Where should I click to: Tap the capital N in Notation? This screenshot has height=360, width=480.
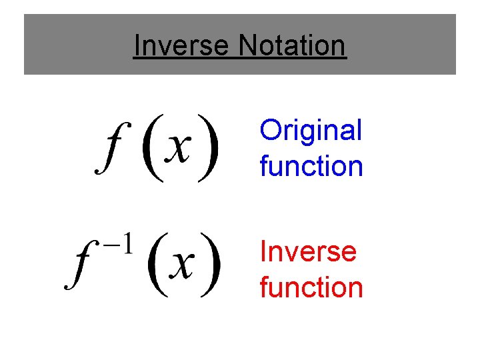click(247, 46)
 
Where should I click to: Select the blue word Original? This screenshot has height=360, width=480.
click(311, 131)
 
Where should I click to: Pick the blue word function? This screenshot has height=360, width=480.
click(311, 166)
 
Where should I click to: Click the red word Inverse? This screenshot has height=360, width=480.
click(308, 252)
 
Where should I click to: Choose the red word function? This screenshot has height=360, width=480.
click(311, 287)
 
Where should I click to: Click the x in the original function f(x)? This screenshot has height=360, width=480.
click(179, 147)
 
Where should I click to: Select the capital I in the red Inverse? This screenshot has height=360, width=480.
click(263, 252)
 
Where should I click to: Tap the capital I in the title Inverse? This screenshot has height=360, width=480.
click(137, 46)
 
